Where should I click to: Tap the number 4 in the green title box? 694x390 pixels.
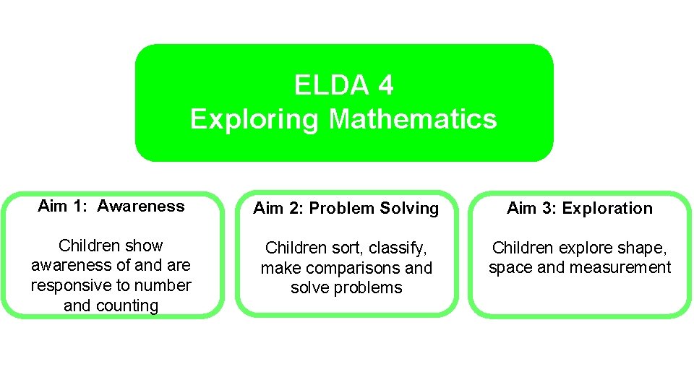[x=386, y=86]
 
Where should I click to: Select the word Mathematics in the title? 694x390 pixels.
[x=413, y=118]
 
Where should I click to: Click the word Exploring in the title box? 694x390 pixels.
[x=254, y=118]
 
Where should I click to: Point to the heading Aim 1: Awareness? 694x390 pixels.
[x=111, y=207]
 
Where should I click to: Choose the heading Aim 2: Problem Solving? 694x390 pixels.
[x=346, y=209]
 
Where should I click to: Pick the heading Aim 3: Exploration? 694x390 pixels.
[x=580, y=209]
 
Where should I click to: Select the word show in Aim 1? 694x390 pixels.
[x=147, y=246]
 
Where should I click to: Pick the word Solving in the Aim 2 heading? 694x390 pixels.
[x=409, y=209]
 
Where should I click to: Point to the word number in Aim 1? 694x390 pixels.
[x=163, y=285]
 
